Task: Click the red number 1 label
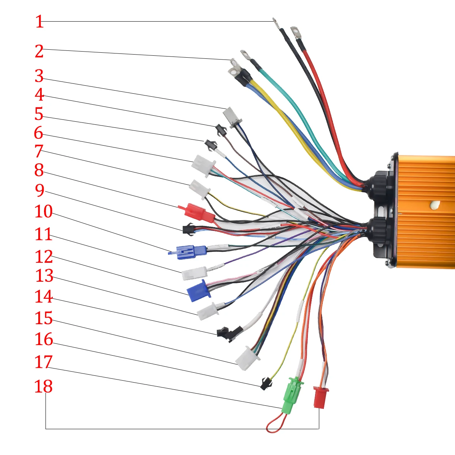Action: click(39, 22)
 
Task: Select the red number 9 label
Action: click(40, 191)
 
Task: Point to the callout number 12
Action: click(44, 257)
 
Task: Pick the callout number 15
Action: click(44, 318)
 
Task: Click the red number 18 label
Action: click(44, 387)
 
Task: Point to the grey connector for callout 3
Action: click(232, 116)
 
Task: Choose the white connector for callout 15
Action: click(247, 358)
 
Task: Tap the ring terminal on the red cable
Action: click(296, 32)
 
